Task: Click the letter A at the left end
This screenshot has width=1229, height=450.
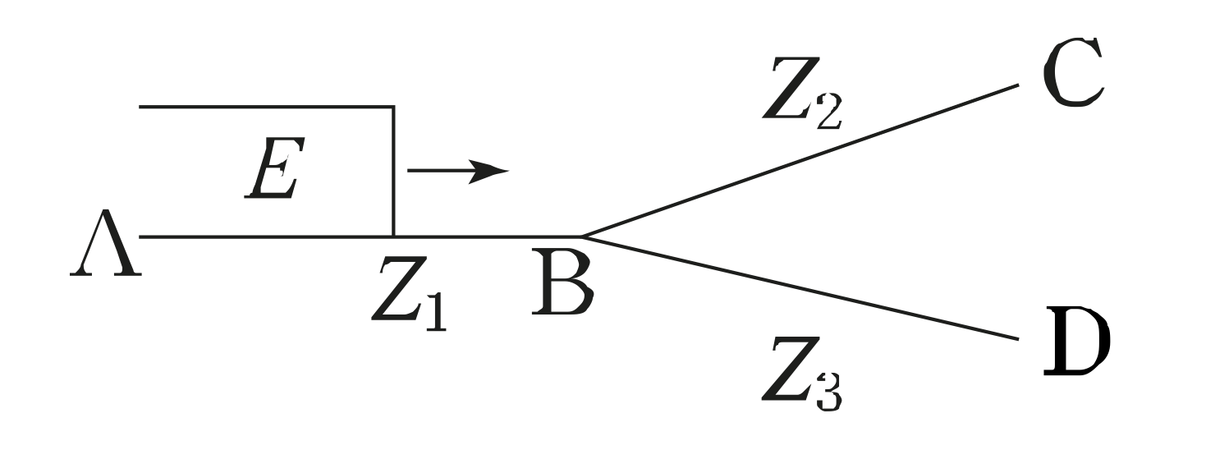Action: [104, 247]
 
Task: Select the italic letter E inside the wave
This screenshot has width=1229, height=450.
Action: [273, 168]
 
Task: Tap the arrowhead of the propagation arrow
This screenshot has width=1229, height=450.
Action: [493, 171]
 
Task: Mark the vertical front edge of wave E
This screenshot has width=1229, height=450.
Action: [394, 172]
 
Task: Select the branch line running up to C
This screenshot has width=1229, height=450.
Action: [800, 160]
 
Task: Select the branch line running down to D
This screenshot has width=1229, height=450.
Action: [800, 288]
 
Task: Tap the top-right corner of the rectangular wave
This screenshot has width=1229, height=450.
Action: [394, 107]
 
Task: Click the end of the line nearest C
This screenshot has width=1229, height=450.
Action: [1017, 85]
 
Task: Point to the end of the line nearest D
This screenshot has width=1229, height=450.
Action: [1017, 338]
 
